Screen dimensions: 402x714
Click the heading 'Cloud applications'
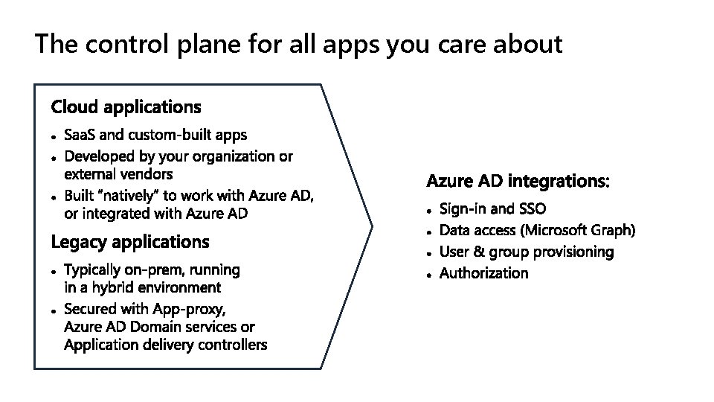click(x=126, y=107)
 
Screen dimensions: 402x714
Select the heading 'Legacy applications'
click(x=130, y=242)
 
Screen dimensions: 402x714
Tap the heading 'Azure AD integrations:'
click(x=518, y=181)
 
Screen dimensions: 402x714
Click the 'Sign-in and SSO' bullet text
click(x=492, y=208)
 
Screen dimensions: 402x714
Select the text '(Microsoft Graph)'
click(x=582, y=229)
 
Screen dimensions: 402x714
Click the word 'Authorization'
click(x=484, y=273)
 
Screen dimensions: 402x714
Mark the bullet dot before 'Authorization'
click(x=430, y=275)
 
